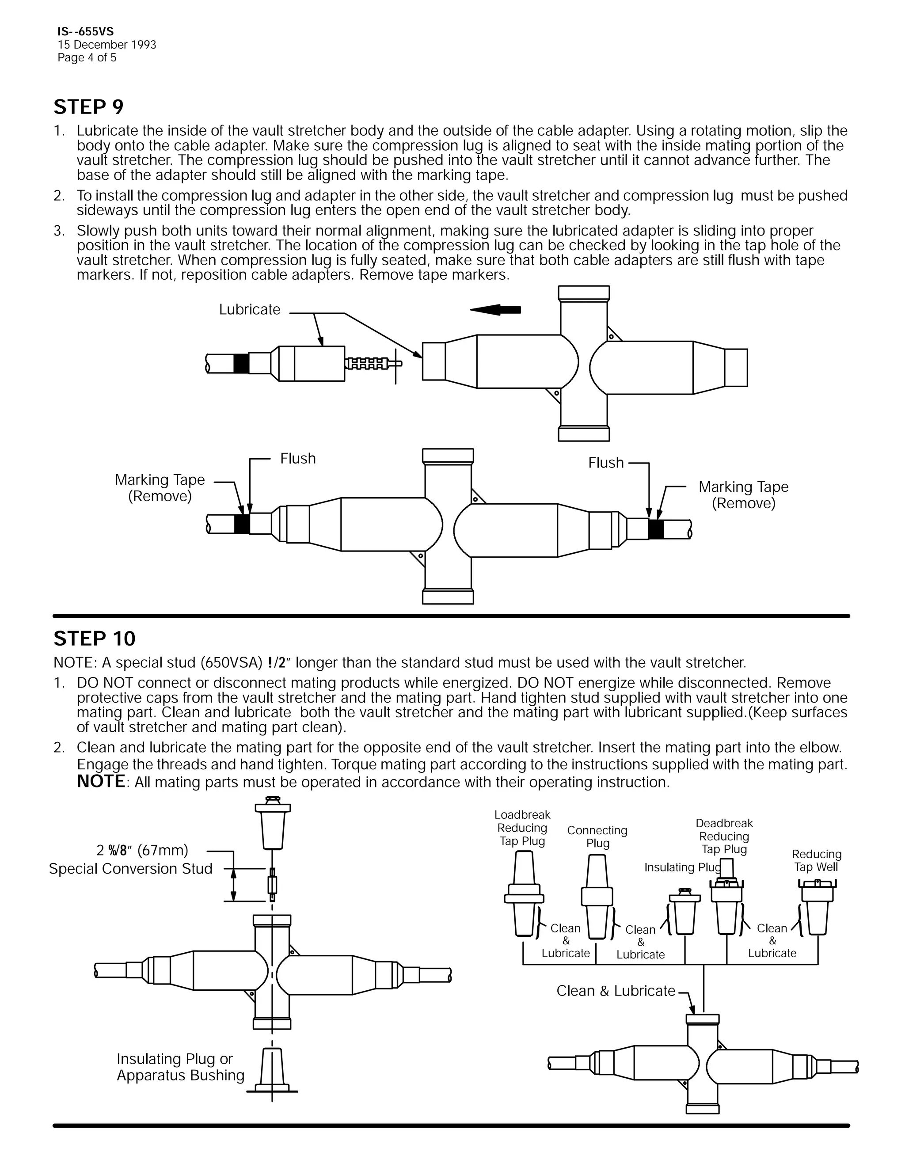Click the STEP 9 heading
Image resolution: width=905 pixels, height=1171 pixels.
pyautogui.click(x=88, y=107)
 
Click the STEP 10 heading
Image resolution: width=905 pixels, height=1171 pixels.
pyautogui.click(x=95, y=639)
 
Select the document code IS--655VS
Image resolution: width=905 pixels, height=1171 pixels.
pyautogui.click(x=85, y=32)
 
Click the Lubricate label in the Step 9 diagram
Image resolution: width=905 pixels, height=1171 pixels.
pyautogui.click(x=249, y=309)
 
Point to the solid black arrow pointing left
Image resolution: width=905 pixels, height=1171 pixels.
pyautogui.click(x=495, y=309)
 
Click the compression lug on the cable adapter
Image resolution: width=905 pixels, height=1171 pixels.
pyautogui.click(x=370, y=364)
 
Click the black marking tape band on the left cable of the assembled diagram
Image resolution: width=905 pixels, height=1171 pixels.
pyautogui.click(x=242, y=523)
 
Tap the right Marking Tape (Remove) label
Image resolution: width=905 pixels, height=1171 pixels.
pyautogui.click(x=743, y=495)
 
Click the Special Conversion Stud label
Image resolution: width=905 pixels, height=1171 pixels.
pyautogui.click(x=130, y=869)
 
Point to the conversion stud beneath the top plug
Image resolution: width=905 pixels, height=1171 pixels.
pyautogui.click(x=272, y=885)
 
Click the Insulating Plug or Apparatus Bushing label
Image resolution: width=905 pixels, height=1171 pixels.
pyautogui.click(x=180, y=1067)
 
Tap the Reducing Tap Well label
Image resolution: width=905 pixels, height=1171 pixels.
pyautogui.click(x=816, y=860)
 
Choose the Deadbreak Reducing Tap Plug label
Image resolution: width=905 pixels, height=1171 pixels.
pyautogui.click(x=724, y=836)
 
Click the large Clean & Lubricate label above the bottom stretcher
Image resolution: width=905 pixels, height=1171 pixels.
pyautogui.click(x=616, y=991)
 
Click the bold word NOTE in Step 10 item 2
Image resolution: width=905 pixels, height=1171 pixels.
pyautogui.click(x=101, y=781)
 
